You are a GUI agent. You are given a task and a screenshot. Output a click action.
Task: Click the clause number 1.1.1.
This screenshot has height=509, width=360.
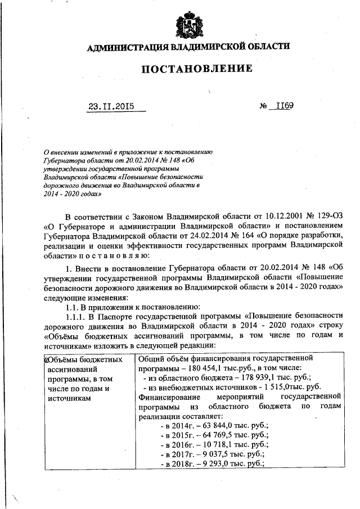(x=77, y=317)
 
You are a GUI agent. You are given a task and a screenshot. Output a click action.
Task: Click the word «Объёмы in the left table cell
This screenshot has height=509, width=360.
(x=62, y=358)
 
